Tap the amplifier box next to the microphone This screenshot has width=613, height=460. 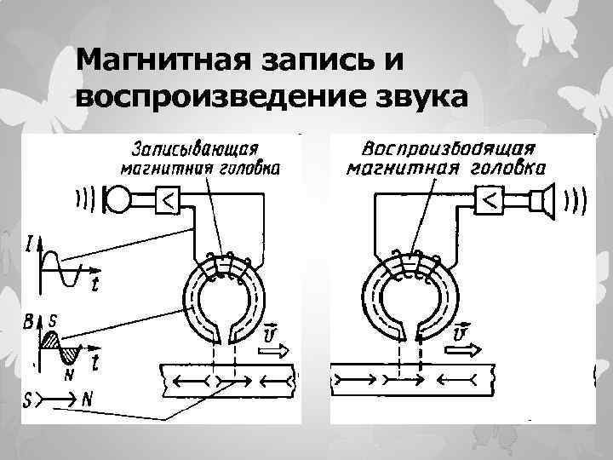point(167,200)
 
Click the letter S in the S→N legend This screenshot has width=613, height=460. point(28,397)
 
